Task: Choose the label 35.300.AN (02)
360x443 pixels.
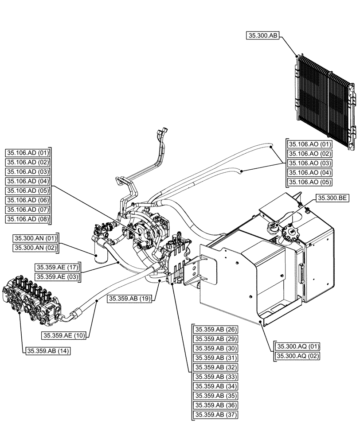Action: [35, 248]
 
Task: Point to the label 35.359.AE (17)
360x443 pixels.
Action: [57, 267]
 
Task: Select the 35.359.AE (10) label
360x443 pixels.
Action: [65, 335]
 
